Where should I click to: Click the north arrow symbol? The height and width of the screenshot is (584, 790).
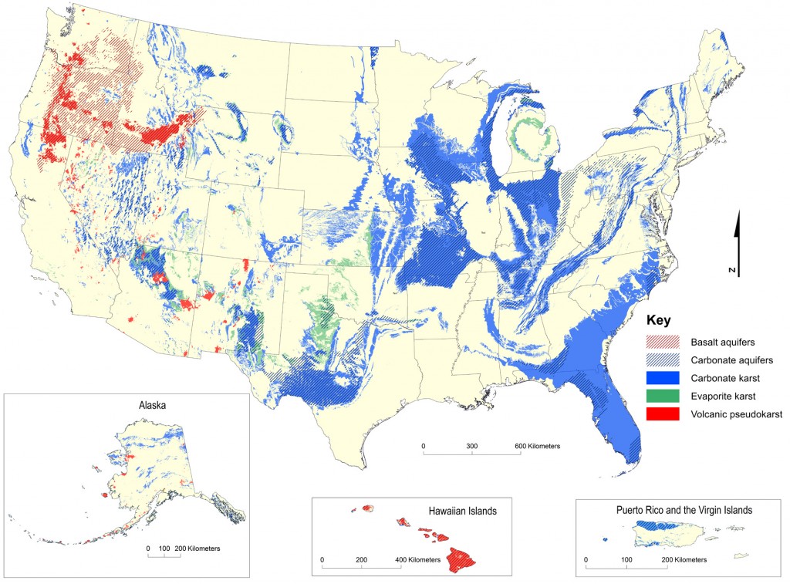click(737, 231)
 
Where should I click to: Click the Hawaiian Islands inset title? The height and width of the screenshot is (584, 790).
click(462, 510)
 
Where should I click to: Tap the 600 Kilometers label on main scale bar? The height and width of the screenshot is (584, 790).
click(532, 447)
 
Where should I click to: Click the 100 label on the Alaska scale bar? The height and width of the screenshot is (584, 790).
click(164, 548)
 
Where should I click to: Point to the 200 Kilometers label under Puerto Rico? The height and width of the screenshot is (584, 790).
click(686, 559)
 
